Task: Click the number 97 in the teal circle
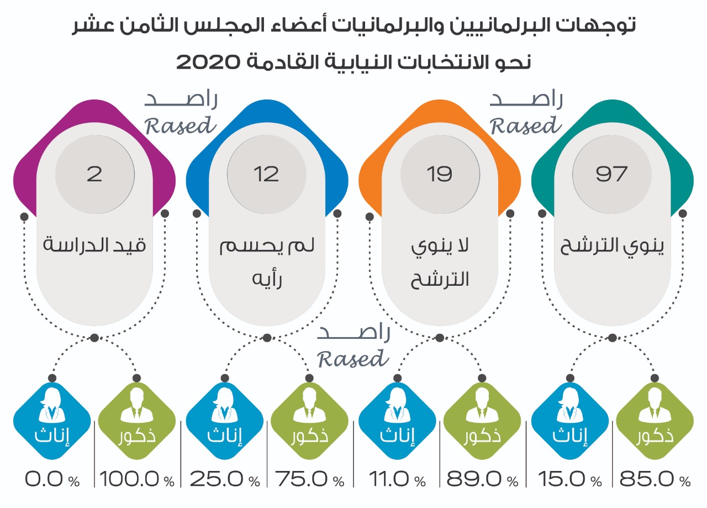[611, 174]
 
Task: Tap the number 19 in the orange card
[439, 174]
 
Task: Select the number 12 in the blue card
[266, 174]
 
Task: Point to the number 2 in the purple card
[94, 174]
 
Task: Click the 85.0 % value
[655, 479]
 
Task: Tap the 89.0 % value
[482, 479]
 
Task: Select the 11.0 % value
[395, 479]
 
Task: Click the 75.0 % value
[309, 479]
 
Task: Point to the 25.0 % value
[224, 479]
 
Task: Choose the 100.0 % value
[136, 479]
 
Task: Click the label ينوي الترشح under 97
[611, 246]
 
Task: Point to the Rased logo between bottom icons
[353, 347]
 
